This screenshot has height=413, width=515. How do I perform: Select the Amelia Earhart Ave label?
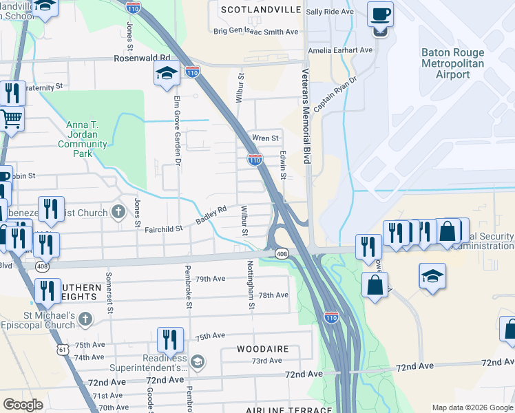click(339, 50)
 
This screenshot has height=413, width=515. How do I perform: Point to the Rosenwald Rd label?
click(141, 59)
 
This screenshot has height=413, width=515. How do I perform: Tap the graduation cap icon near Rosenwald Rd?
click(167, 73)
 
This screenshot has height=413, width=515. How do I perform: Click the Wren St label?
click(264, 138)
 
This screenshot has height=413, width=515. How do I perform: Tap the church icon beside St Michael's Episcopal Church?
click(85, 318)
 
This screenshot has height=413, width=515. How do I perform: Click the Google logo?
click(23, 404)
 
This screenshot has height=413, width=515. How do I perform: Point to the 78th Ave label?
click(273, 295)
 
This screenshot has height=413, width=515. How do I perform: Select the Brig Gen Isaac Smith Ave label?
click(255, 32)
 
